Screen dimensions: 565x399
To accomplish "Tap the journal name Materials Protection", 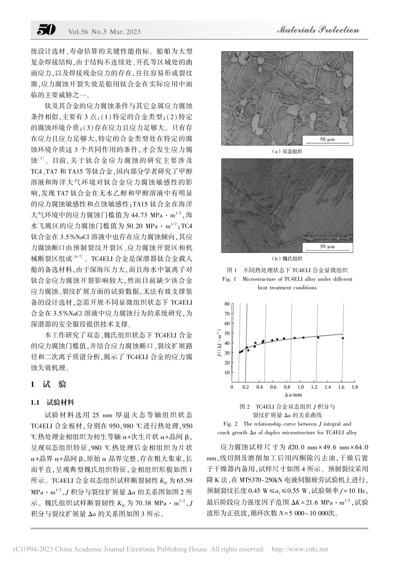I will (x=318, y=30).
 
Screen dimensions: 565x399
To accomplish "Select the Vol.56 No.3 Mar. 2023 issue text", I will (x=104, y=32).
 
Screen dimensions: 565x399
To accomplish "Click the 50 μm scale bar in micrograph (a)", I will (x=327, y=139).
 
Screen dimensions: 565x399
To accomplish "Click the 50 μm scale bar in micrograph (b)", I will (x=327, y=247).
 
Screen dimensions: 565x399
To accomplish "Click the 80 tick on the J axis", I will (x=227, y=304).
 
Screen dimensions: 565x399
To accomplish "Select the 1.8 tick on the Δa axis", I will (x=354, y=387).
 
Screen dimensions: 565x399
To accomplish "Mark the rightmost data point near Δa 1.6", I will (x=343, y=338).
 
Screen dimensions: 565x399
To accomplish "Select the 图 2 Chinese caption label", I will (x=244, y=407).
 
